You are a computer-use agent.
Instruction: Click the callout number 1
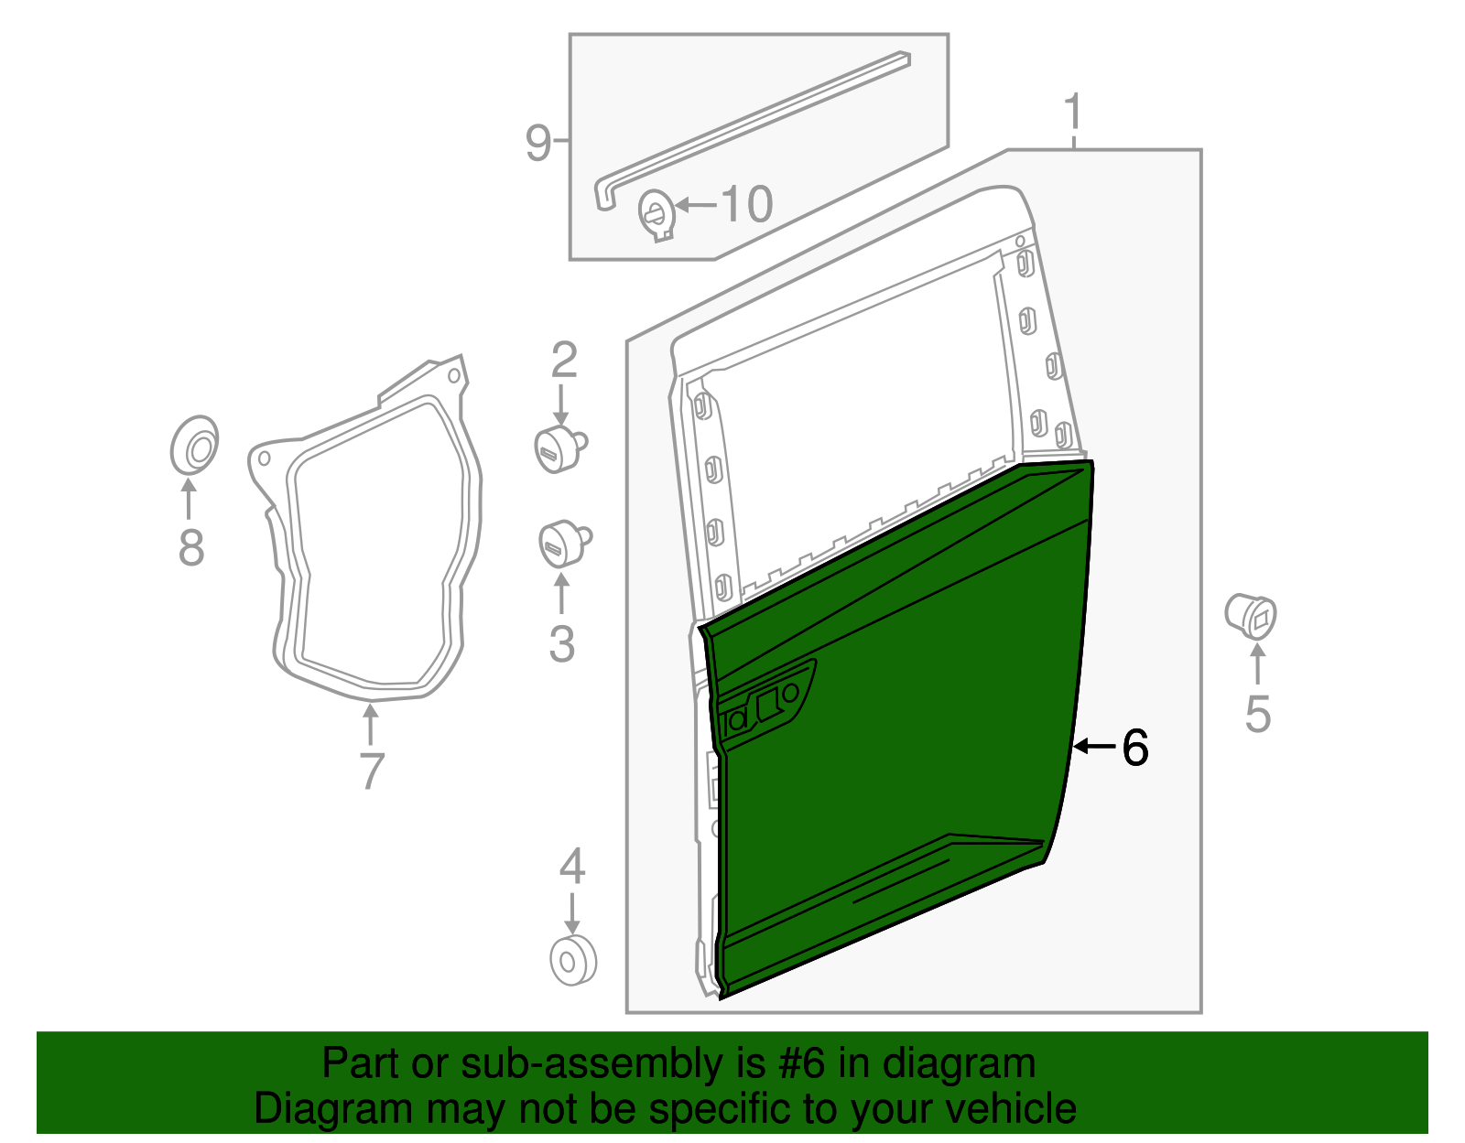(x=1073, y=113)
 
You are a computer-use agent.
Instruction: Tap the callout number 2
(x=564, y=361)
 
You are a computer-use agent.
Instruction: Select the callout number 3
(x=561, y=643)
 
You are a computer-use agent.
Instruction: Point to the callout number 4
(x=571, y=866)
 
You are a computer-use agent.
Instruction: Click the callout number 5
(x=1258, y=714)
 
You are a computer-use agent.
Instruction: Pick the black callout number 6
(x=1134, y=748)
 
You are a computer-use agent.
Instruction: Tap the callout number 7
(x=371, y=771)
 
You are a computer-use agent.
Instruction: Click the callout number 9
(x=538, y=143)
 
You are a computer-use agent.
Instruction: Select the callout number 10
(x=747, y=204)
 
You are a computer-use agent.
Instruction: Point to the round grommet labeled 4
(x=573, y=961)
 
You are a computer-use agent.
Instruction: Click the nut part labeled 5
(x=1251, y=615)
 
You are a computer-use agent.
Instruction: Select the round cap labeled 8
(x=194, y=447)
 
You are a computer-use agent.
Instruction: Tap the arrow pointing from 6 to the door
(x=1093, y=747)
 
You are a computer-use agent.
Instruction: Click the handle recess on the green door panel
(x=766, y=705)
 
